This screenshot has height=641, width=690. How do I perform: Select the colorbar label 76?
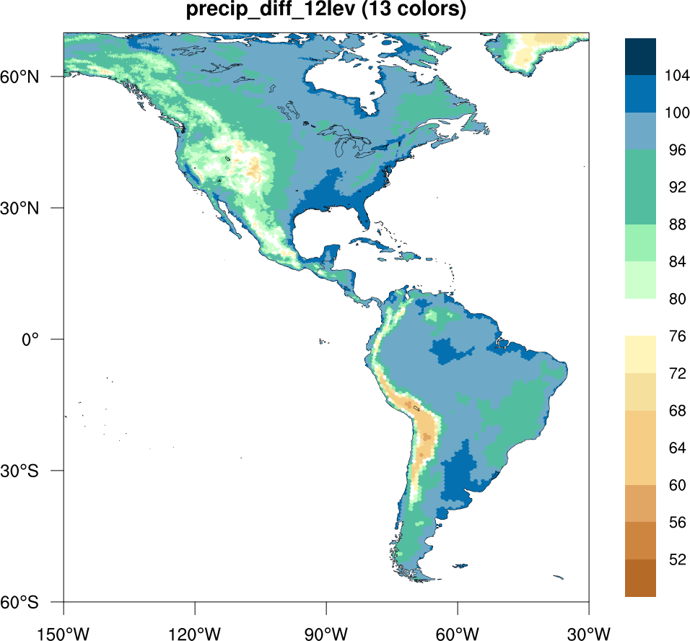[x=676, y=336]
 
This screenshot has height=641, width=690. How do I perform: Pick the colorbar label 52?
[x=676, y=559]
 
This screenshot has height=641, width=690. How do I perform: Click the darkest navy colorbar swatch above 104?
[x=640, y=56]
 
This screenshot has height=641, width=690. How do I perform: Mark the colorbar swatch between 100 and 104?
[x=640, y=94]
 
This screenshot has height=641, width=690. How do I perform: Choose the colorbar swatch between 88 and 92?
[x=640, y=205]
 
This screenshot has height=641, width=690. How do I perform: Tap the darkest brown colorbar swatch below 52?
[x=640, y=578]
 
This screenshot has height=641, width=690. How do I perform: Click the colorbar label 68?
[x=676, y=410]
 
